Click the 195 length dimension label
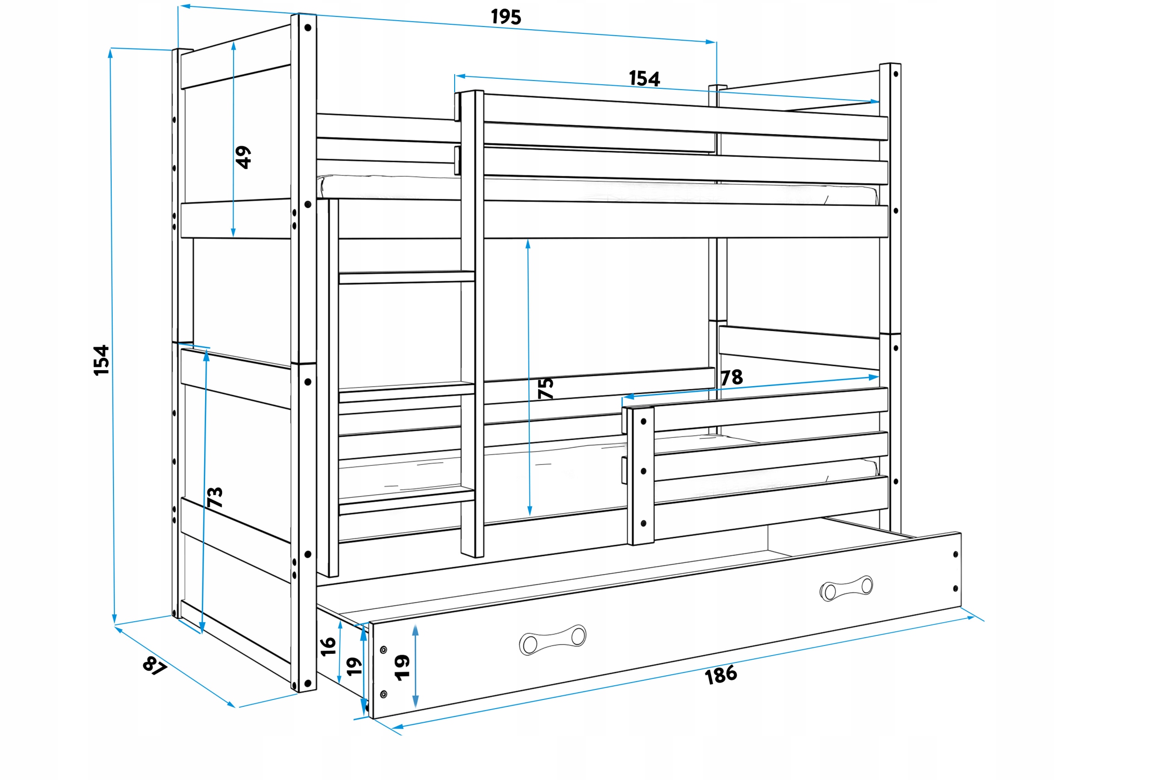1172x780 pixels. point(505,17)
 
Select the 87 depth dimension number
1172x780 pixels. point(154,666)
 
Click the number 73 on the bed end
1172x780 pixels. point(215,497)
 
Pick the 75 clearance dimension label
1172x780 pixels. point(546,388)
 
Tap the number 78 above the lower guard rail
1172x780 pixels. point(732,377)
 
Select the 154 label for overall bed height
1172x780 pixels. point(101,360)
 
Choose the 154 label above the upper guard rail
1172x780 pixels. point(644,79)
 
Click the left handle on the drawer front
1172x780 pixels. point(553,640)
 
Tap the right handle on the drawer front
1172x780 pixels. point(846,588)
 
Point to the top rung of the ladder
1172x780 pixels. point(406,277)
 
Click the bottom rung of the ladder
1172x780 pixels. point(406,501)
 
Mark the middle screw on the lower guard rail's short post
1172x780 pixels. point(644,471)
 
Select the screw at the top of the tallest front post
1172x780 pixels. point(308,28)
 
